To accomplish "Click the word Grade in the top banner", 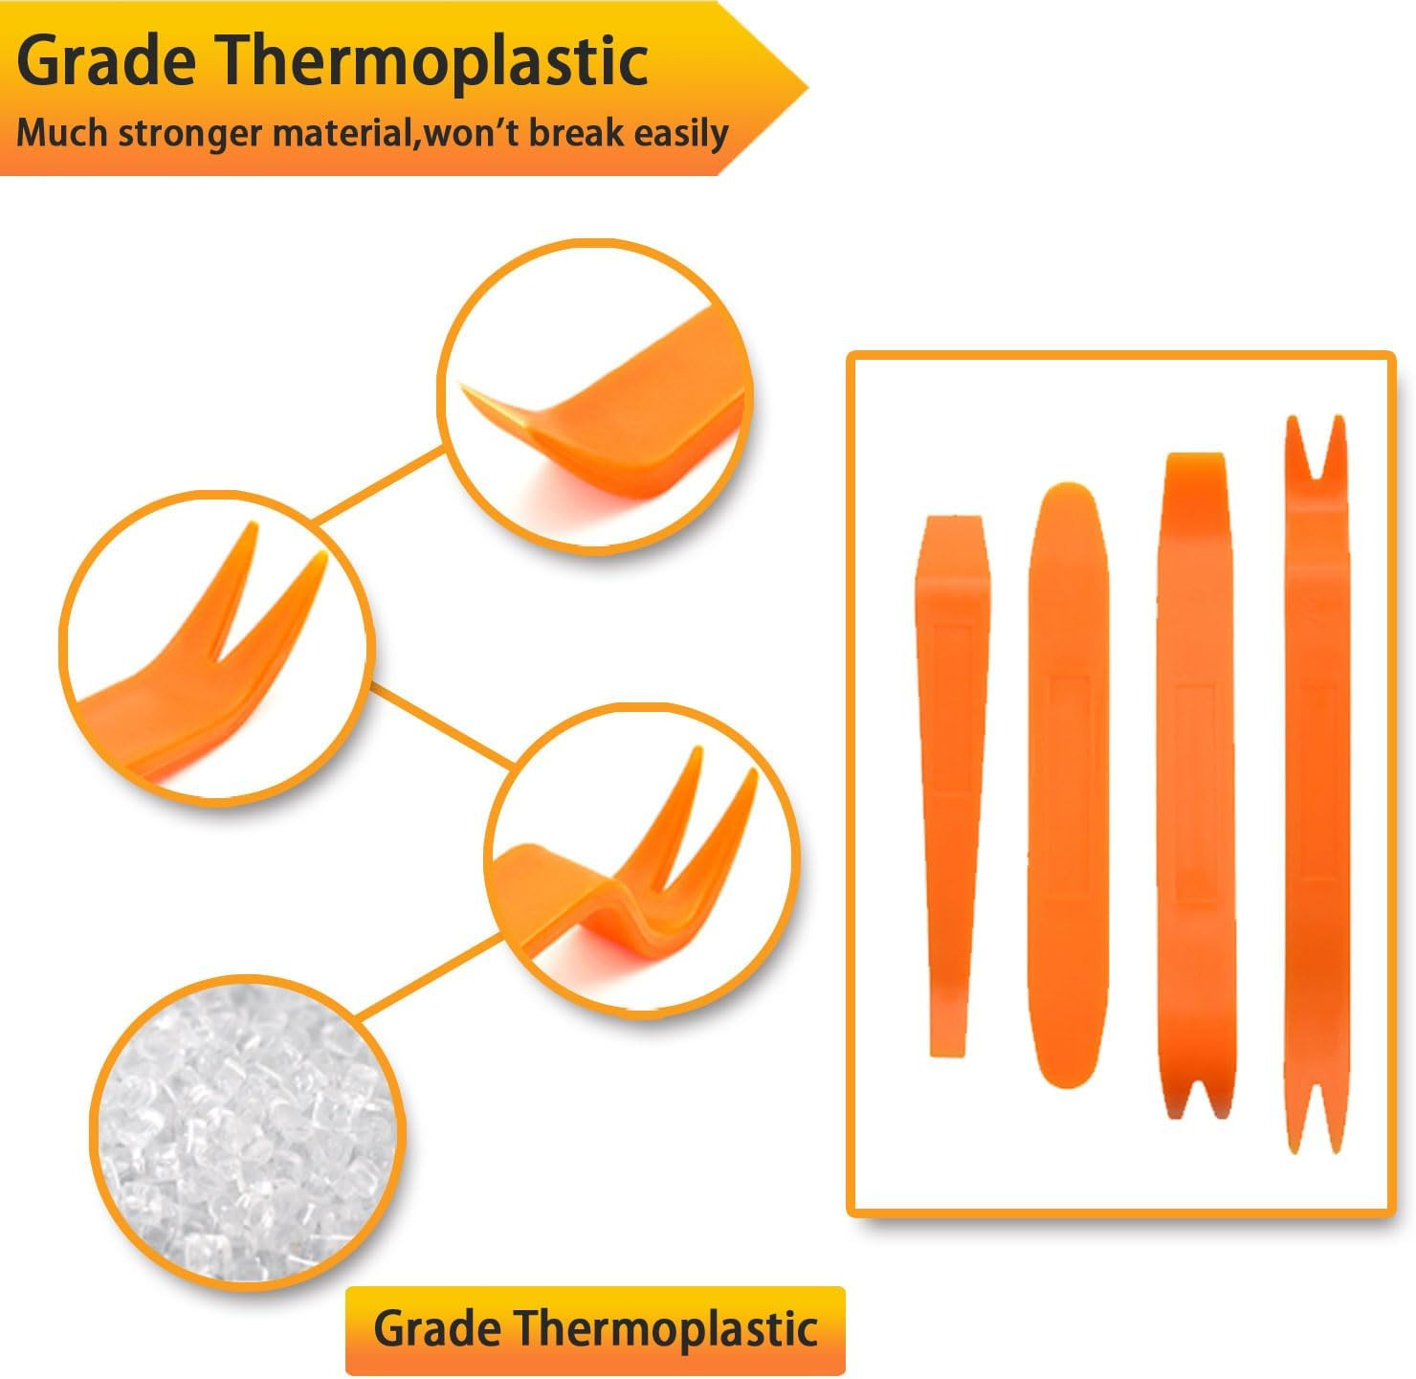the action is tap(106, 63).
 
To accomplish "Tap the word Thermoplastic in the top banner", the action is tap(433, 61).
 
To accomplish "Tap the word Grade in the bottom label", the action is tap(436, 1329).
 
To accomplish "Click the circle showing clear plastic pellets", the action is tap(248, 1132).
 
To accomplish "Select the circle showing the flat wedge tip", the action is tap(594, 396).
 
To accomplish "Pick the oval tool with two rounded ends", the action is tap(1068, 784).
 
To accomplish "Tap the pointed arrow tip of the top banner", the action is tap(807, 90).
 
